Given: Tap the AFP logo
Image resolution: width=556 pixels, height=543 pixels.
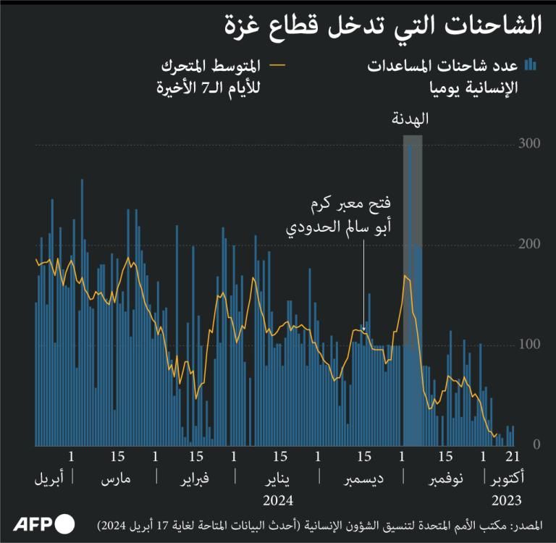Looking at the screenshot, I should (x=44, y=523).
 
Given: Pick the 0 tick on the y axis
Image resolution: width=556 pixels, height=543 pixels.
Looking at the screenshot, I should (x=536, y=444).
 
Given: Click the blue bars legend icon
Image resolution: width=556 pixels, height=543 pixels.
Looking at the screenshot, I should (x=531, y=65).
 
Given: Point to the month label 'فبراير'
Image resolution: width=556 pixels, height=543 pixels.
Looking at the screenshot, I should (x=194, y=479).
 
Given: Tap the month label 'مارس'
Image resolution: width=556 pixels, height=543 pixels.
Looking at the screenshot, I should (x=116, y=479).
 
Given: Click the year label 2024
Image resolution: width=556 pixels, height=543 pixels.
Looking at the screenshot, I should (x=277, y=500).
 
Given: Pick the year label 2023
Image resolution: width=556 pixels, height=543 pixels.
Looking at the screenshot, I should (x=507, y=500).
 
